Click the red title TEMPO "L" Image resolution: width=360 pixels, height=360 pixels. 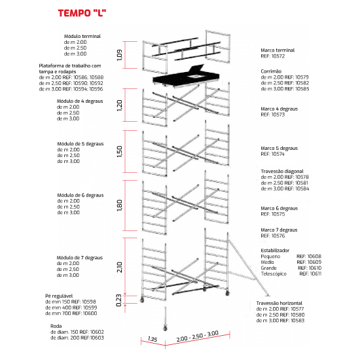[x=82, y=13]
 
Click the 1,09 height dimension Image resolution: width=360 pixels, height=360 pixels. [x=120, y=55]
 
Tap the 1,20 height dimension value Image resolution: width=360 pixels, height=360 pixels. [x=120, y=105]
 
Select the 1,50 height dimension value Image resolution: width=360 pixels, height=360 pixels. [x=120, y=152]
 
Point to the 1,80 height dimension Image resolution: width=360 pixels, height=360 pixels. [x=120, y=206]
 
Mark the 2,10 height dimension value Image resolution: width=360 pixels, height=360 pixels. [x=120, y=267]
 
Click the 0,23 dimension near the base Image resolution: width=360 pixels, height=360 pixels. [x=118, y=300]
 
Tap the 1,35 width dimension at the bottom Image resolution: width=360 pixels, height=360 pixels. [x=153, y=339]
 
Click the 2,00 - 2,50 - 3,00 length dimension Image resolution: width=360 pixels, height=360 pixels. [x=198, y=336]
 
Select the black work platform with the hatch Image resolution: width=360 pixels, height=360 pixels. [x=186, y=77]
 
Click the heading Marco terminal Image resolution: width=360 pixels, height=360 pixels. [x=278, y=50]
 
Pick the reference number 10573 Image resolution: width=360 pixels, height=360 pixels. [x=278, y=115]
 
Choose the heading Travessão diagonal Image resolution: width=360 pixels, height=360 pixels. [x=282, y=171]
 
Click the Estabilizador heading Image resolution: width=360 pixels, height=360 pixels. [x=275, y=251]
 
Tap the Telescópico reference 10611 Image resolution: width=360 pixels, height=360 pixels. [x=310, y=274]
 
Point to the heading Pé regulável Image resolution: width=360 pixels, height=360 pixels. [x=59, y=296]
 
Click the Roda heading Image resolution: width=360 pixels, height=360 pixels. [x=56, y=326]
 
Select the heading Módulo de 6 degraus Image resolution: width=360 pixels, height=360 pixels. [x=81, y=195]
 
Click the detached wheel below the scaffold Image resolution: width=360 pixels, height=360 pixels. [x=165, y=328]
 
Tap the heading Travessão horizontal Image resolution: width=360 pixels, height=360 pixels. [x=279, y=303]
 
